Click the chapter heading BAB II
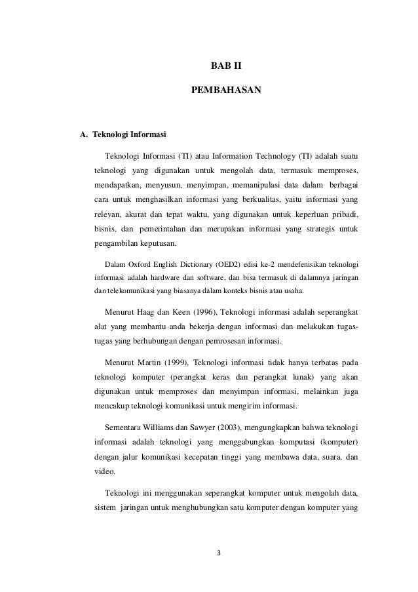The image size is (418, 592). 225,66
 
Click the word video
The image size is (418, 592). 104,471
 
